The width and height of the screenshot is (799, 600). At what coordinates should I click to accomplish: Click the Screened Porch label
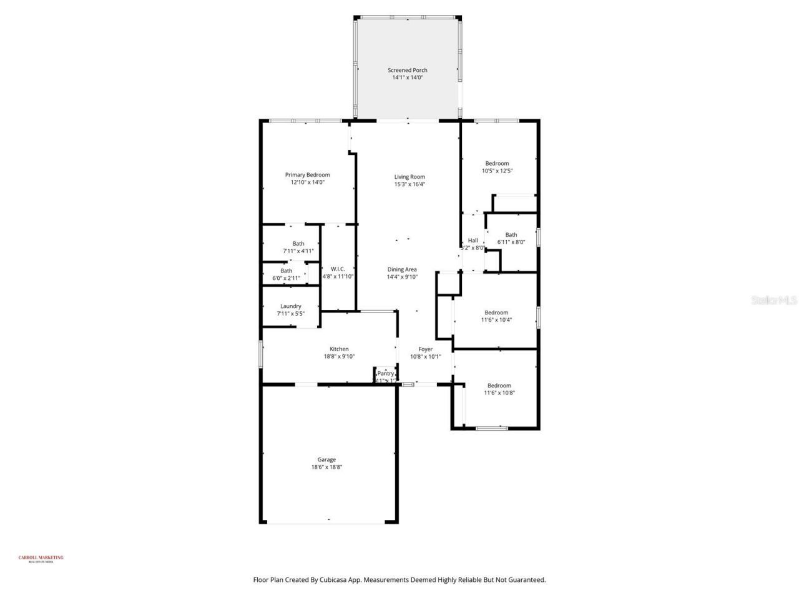point(408,71)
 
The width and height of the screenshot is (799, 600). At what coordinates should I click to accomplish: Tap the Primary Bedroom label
point(307,175)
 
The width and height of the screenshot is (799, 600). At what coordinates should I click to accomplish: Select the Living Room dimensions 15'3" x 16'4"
point(409,184)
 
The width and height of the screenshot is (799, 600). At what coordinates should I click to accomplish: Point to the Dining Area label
point(401,269)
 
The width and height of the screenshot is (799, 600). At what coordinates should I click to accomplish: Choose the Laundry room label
point(291,306)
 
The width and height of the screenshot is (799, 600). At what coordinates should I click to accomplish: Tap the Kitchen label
point(339,349)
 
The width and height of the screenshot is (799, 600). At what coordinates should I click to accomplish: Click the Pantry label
point(385,374)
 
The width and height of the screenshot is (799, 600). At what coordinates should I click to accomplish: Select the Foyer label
point(425,349)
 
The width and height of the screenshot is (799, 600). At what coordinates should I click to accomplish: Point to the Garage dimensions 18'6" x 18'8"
point(326,467)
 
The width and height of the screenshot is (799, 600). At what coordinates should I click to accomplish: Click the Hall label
point(473,241)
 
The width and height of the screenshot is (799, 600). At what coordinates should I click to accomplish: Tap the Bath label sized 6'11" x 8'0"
point(511,235)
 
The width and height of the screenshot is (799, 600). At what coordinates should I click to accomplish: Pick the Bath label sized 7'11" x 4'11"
point(298,244)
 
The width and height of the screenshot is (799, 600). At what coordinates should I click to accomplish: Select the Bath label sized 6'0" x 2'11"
point(286,271)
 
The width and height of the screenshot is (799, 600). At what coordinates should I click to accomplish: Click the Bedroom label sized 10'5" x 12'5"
point(497,164)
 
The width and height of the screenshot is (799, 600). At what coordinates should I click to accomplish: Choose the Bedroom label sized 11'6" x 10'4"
point(496,312)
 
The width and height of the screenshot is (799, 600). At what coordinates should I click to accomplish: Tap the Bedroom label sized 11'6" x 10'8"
point(499,386)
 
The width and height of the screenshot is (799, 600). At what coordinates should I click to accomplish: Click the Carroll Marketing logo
point(41,559)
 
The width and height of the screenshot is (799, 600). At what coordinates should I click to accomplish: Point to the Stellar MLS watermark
point(773,301)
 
